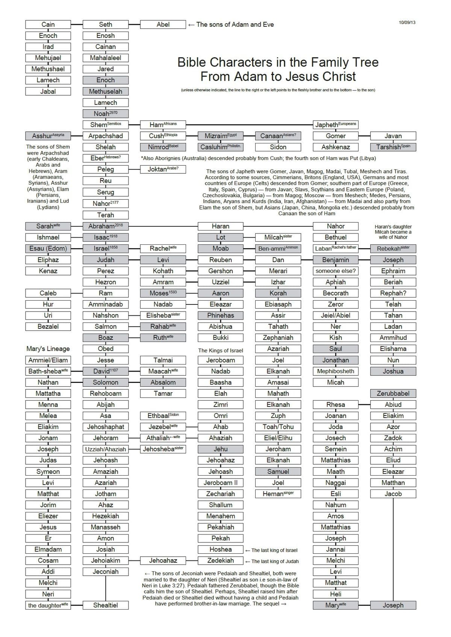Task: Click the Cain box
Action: coord(48,24)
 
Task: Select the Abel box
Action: coord(163,24)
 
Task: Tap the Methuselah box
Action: coord(106,91)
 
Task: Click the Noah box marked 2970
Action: coord(106,113)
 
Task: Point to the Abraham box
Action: coord(106,226)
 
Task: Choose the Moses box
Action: coord(163,293)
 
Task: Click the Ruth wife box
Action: coord(163,337)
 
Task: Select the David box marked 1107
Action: coord(106,371)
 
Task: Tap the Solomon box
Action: coord(106,382)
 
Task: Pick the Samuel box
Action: coord(278,471)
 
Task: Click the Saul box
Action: coord(336,349)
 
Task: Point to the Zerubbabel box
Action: coord(393,393)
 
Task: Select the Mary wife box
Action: coord(336,605)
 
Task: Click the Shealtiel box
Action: coord(106,605)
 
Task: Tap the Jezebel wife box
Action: coord(163,427)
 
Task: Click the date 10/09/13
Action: coord(407,23)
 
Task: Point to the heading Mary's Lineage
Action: coord(48,349)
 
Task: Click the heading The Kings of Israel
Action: coord(221,351)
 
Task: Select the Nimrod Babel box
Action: coord(163,147)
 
